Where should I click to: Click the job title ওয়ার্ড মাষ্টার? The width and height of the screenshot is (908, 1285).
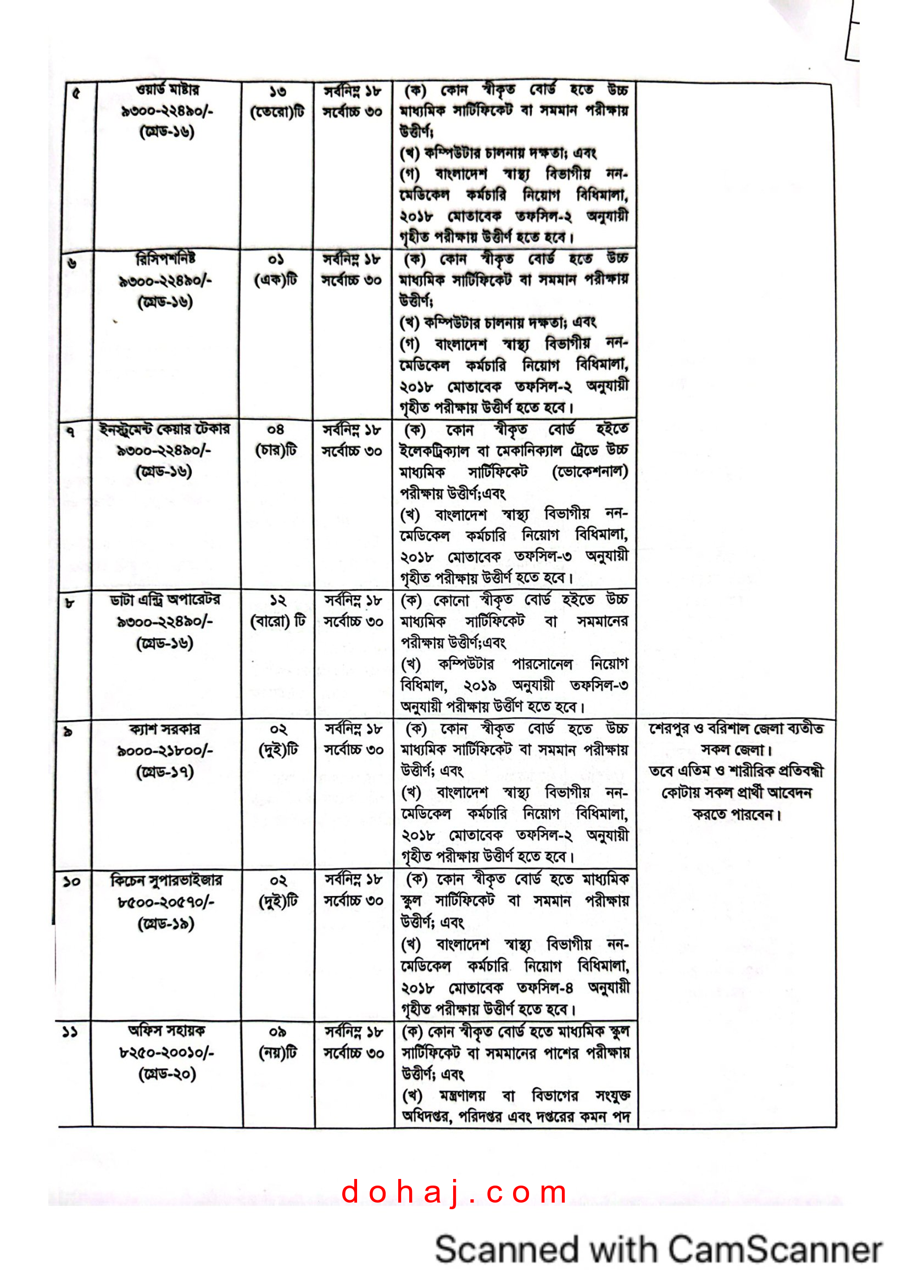[x=168, y=90]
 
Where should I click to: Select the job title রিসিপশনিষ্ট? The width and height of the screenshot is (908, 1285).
[x=165, y=259]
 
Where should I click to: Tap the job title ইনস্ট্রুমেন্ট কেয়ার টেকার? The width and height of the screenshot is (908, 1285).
[x=164, y=429]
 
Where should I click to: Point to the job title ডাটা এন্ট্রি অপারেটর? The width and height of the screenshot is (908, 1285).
[x=165, y=600]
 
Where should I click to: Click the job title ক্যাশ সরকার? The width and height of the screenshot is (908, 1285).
[x=165, y=729]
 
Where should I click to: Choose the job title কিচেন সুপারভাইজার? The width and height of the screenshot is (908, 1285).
[x=166, y=881]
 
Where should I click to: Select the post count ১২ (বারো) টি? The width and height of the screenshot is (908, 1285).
[x=278, y=611]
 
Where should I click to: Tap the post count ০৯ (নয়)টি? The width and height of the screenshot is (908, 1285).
[x=278, y=1042]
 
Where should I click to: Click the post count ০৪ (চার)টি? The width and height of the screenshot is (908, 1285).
[x=276, y=441]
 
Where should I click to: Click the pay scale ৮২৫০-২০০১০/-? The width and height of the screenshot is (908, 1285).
[x=167, y=1052]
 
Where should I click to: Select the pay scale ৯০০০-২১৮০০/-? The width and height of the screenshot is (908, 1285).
[x=165, y=750]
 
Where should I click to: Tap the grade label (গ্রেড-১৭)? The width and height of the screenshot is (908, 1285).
[x=165, y=772]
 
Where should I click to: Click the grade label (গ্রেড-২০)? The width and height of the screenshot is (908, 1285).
[x=167, y=1074]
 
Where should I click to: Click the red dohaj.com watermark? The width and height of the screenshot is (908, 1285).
[x=454, y=1192]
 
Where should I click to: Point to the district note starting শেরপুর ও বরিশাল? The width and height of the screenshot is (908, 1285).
[x=736, y=728]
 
